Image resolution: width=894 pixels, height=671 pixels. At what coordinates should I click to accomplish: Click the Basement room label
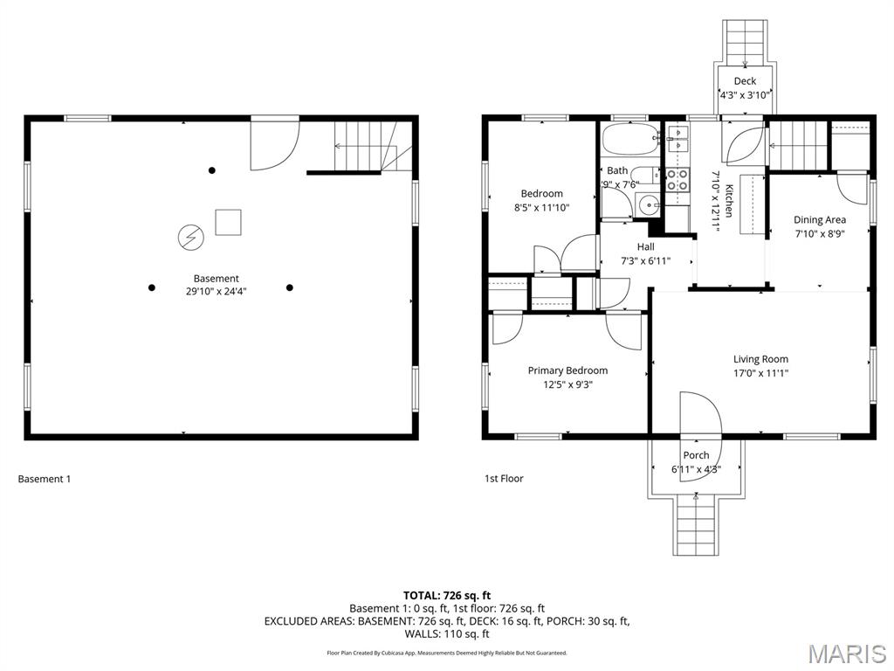[x=217, y=279]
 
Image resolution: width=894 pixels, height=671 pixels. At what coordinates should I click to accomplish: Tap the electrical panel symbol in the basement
[x=189, y=236]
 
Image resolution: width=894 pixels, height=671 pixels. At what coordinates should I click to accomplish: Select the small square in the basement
[x=229, y=223]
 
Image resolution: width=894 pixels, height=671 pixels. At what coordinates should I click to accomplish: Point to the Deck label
[x=745, y=81]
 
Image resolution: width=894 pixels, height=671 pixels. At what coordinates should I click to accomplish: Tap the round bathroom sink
[x=648, y=204]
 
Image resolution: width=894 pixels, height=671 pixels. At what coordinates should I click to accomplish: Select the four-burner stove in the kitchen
[x=677, y=180]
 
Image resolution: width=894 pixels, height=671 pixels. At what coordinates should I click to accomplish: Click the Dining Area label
[x=819, y=220]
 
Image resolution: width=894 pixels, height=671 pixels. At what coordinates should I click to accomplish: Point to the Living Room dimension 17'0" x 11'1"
[x=760, y=373]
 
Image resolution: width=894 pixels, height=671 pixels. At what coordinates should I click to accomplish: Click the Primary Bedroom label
[x=567, y=370]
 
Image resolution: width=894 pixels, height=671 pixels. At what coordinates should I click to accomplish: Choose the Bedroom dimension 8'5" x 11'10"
[x=541, y=208]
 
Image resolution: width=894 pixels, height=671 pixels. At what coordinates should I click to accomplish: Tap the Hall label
[x=645, y=247]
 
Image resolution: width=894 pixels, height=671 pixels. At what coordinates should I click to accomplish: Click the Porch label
[x=696, y=455]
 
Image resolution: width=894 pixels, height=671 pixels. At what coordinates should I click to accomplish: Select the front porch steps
[x=696, y=526]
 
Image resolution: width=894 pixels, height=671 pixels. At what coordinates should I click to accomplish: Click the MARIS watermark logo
[x=846, y=653]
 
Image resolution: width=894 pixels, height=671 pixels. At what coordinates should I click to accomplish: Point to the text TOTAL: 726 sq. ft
[x=447, y=595]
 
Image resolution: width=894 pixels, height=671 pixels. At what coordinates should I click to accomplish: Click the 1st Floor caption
[x=504, y=479]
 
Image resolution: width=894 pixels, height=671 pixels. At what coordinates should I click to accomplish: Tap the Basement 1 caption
[x=44, y=479]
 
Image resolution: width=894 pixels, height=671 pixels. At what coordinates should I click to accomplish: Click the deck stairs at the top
[x=745, y=40]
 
